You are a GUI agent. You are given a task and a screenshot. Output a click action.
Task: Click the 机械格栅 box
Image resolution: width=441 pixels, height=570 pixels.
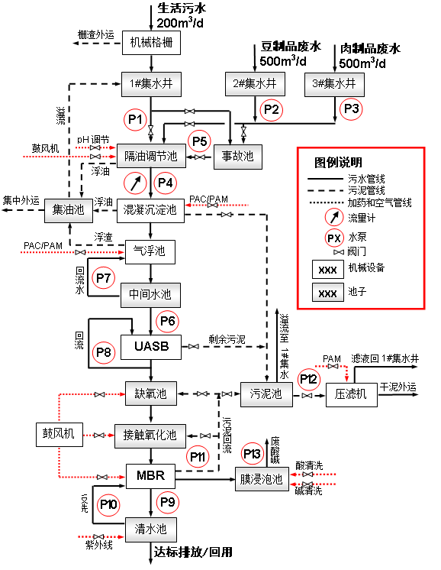point(151,44)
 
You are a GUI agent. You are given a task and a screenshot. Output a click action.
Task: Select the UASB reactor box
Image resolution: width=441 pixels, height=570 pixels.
point(151,348)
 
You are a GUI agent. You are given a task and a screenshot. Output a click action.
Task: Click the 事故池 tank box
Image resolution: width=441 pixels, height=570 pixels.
point(237,157)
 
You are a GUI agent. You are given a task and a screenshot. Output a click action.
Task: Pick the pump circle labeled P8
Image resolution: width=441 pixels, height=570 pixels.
point(104,351)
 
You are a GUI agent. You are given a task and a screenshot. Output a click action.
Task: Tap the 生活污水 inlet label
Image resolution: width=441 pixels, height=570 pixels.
point(182,9)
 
